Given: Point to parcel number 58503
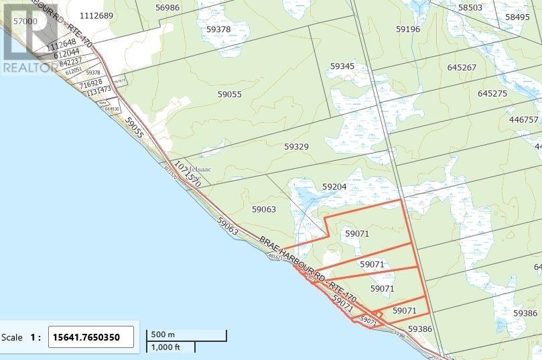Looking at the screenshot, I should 470,7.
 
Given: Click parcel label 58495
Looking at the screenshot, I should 518,17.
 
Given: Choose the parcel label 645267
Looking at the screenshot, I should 462,68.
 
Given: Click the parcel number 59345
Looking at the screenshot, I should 342,66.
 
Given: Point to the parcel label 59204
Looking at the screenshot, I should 334,187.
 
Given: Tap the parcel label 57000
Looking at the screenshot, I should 25,21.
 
